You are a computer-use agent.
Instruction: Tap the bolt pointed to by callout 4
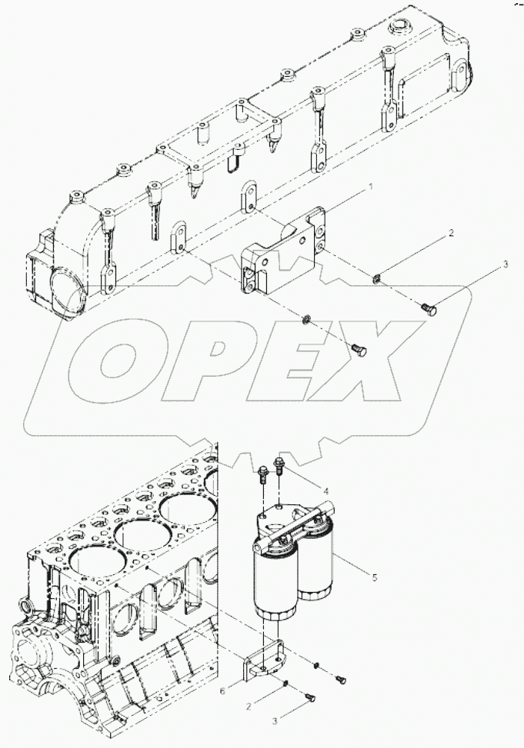(279, 465)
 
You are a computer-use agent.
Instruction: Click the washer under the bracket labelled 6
(285, 682)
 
